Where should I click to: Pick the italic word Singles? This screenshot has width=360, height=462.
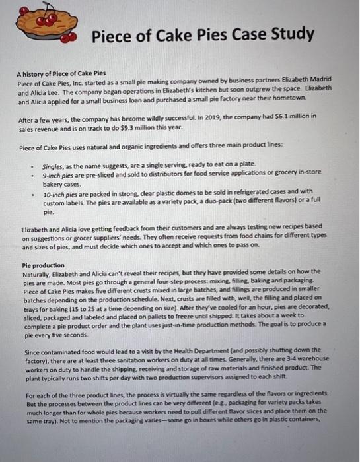54,164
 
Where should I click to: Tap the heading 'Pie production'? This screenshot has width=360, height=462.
47,265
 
